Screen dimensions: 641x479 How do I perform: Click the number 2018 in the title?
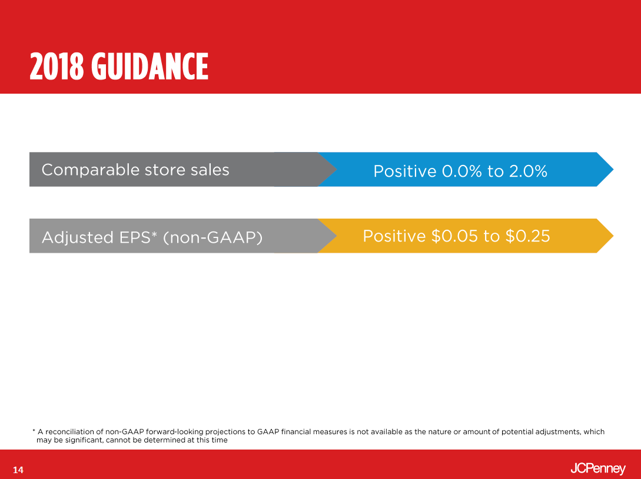[57, 66]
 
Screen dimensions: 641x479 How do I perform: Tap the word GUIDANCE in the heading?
[150, 66]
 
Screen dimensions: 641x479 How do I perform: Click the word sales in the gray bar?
[210, 170]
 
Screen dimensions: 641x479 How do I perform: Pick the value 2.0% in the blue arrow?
[528, 171]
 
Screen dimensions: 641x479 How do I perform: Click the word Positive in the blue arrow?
[405, 171]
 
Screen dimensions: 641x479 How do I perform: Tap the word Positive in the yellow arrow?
[394, 236]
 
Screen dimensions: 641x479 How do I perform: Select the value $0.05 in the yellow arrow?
[454, 236]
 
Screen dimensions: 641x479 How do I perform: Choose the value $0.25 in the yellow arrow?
[528, 236]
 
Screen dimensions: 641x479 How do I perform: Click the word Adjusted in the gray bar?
[77, 237]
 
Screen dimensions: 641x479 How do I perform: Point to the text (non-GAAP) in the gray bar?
[212, 237]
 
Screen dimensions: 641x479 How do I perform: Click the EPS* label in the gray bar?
[138, 237]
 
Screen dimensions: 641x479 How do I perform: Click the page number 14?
[18, 470]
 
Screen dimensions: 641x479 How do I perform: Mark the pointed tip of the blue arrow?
[613, 169]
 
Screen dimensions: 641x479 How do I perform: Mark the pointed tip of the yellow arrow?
[613, 236]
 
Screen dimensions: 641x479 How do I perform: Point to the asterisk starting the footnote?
[34, 430]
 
